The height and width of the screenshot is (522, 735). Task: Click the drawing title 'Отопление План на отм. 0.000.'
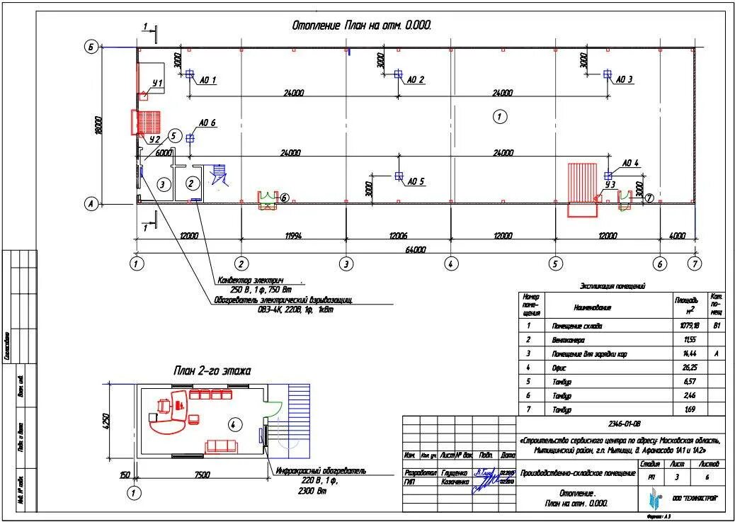(362, 25)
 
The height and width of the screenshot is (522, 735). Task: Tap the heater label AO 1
(207, 80)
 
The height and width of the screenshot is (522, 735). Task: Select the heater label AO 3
(625, 79)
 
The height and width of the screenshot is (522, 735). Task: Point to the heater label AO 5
(416, 181)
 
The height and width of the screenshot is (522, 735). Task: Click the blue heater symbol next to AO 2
(398, 74)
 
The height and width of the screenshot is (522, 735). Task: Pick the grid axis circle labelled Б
(91, 47)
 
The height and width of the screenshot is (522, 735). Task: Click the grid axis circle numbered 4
(450, 263)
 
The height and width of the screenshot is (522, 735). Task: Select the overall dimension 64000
(416, 249)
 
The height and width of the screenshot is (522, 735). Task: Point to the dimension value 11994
(293, 235)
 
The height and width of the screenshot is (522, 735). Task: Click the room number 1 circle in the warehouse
(499, 117)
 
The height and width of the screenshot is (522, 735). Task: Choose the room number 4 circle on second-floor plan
(233, 424)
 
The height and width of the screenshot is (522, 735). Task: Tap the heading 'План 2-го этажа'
(212, 370)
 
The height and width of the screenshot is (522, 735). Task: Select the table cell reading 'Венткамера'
(568, 340)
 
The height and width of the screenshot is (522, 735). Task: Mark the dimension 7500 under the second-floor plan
(203, 475)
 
